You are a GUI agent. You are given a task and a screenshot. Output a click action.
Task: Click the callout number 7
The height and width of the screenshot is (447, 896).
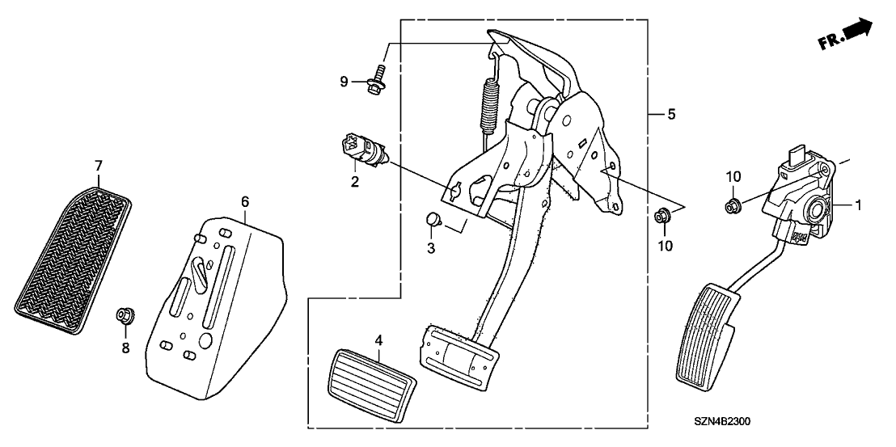click(x=99, y=166)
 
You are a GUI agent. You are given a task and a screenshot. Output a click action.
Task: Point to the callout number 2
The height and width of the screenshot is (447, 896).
click(x=354, y=183)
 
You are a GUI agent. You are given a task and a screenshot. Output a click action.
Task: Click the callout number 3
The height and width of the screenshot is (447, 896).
click(x=431, y=249)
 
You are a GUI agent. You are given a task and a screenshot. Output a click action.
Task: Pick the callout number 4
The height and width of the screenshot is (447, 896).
click(x=378, y=339)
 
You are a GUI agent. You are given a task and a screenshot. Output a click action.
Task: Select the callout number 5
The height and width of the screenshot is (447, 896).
click(x=671, y=116)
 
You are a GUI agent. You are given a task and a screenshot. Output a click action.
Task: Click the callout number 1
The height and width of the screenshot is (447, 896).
click(x=859, y=205)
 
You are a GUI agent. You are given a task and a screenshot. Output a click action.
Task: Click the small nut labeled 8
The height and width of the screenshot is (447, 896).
click(x=125, y=314)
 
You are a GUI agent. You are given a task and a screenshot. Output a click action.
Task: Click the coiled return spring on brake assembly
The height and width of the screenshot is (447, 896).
click(x=488, y=104)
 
